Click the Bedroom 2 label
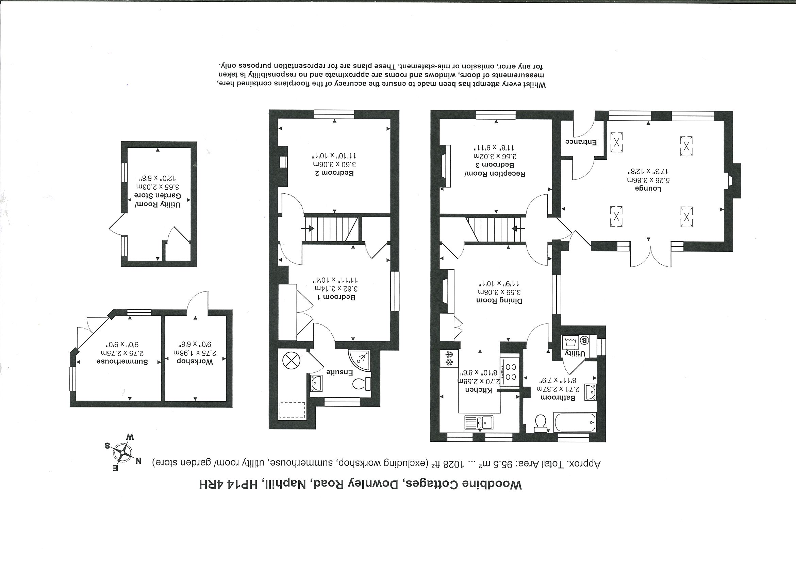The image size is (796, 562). tap(334, 173)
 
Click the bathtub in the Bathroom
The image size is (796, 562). tap(575, 422)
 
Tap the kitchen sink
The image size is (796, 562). tap(479, 422)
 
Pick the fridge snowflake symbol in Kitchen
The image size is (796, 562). tap(449, 358)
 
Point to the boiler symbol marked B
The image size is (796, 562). tap(584, 340)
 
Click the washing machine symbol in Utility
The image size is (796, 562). tap(571, 343)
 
